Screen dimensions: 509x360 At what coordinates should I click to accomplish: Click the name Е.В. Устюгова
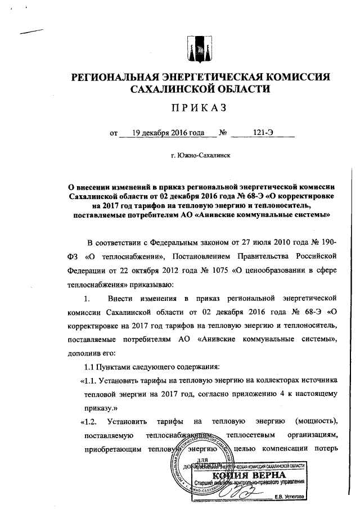[x=287, y=497]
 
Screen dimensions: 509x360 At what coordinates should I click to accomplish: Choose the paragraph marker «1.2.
[x=90, y=421]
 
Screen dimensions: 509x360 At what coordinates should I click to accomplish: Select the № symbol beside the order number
[x=223, y=133]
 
